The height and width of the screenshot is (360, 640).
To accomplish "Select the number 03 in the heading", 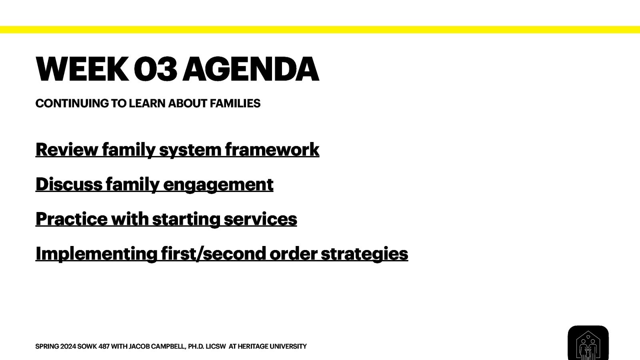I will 155,69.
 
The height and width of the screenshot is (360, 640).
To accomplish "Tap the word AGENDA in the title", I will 251,69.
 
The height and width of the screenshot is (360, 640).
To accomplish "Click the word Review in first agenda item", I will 66,150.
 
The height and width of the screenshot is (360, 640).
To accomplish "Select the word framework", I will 272,150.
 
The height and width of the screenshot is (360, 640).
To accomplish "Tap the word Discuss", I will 69,184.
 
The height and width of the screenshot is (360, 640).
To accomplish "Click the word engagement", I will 218,184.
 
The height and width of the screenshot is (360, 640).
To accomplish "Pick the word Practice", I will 72,219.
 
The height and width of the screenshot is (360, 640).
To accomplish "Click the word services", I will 260,219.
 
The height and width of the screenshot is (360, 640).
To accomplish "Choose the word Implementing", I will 96,254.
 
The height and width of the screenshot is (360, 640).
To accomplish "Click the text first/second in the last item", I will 213,254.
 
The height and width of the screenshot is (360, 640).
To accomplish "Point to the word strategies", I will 364,254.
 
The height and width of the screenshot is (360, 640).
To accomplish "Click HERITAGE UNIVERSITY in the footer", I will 272,346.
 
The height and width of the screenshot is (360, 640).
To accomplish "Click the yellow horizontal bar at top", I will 320,30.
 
